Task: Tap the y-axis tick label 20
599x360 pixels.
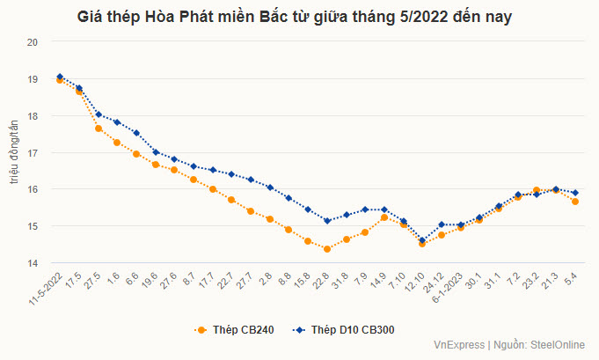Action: point(33,41)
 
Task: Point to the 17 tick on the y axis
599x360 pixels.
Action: point(33,153)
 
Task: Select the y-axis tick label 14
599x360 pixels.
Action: point(33,263)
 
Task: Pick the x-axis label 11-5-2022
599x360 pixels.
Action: point(46,290)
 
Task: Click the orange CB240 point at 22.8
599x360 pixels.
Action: point(327,249)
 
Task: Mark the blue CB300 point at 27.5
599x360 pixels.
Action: point(99,114)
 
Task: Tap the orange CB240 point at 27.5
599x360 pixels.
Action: point(99,129)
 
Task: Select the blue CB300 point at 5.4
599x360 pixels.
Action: point(575,193)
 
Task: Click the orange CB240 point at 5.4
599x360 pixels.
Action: point(575,202)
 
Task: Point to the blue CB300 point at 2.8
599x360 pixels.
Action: point(270,187)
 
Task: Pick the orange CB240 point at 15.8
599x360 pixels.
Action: point(308,240)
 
